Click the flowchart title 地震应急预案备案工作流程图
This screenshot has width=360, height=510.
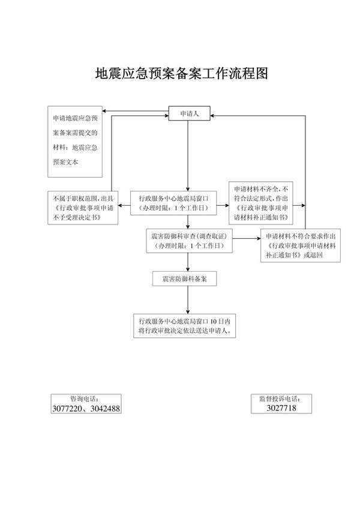coord(181,73)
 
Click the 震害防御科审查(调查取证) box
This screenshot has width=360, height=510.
coord(188,242)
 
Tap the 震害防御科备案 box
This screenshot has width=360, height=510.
coord(184,279)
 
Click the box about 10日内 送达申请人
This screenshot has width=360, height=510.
coord(188,326)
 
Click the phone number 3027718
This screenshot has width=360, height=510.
coord(281,408)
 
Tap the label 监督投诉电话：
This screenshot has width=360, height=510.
coord(281,398)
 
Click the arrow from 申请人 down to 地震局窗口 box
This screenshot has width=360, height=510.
coord(188,156)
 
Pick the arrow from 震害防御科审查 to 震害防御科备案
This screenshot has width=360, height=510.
coord(188,262)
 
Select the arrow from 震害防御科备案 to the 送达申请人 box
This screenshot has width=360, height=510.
coord(188,300)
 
